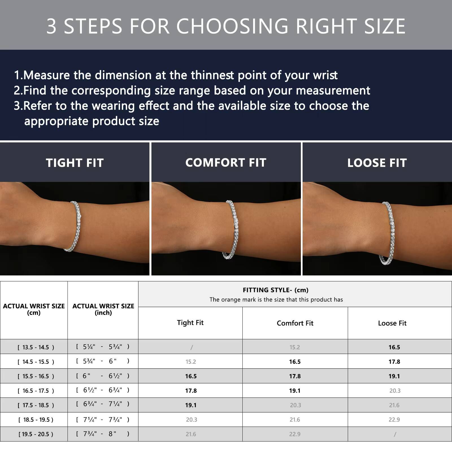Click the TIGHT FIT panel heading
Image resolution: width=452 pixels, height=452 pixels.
(x=75, y=163)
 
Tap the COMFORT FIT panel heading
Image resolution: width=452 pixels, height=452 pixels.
(x=226, y=162)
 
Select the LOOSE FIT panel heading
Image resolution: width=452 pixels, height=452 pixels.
(x=377, y=163)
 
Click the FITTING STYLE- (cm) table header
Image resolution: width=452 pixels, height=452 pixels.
(x=275, y=290)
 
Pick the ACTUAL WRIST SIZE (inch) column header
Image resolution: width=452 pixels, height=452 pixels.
(x=103, y=309)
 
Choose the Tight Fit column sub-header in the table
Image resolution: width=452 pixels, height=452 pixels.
(x=190, y=323)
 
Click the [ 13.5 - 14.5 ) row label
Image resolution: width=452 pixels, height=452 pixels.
(x=36, y=347)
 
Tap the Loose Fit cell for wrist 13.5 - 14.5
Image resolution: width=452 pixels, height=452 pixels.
(x=394, y=347)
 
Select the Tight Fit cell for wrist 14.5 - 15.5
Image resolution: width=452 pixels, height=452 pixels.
(x=191, y=362)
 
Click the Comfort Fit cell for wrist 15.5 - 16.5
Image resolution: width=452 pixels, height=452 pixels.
(x=295, y=376)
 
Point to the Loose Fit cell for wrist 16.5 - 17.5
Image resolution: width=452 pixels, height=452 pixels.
(x=395, y=391)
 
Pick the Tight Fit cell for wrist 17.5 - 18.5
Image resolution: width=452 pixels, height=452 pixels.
(x=191, y=405)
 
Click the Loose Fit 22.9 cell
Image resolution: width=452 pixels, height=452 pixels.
(x=394, y=420)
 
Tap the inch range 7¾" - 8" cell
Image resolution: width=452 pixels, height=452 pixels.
(x=103, y=434)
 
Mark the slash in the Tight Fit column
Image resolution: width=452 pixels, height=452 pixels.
(x=192, y=347)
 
